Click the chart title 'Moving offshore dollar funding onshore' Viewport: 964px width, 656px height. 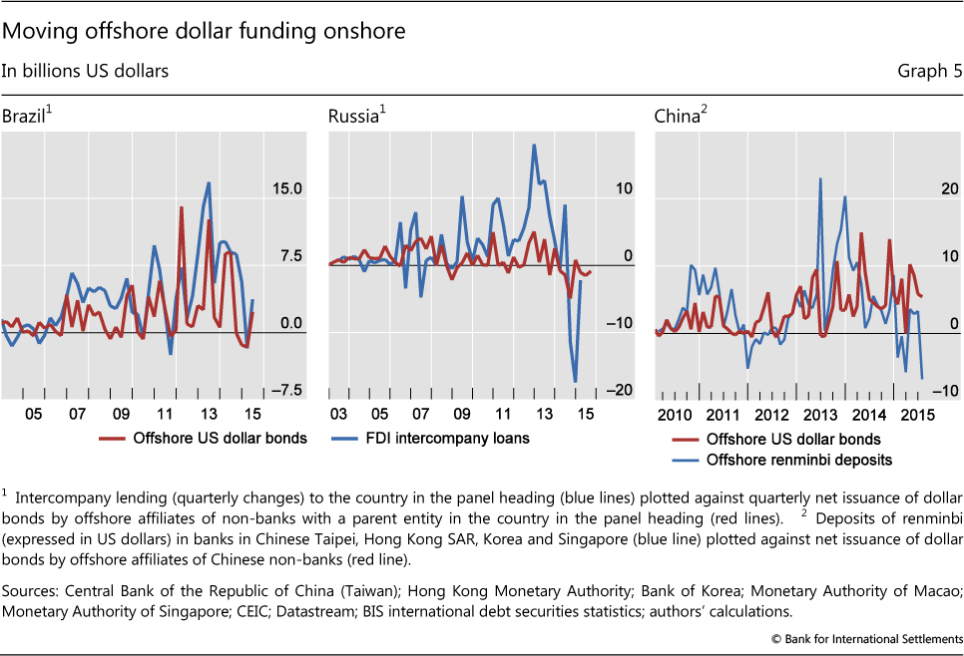pyautogui.click(x=204, y=31)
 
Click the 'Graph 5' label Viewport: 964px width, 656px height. pyautogui.click(x=929, y=71)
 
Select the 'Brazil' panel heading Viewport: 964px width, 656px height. pyautogui.click(x=24, y=117)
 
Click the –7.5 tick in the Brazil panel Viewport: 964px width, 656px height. pyautogui.click(x=285, y=391)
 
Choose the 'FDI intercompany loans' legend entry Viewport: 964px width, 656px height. pyautogui.click(x=460, y=437)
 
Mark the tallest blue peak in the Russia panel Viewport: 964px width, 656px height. pyautogui.click(x=534, y=146)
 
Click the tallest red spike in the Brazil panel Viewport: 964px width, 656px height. pyautogui.click(x=181, y=207)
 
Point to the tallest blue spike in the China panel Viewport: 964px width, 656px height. pyautogui.click(x=820, y=179)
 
